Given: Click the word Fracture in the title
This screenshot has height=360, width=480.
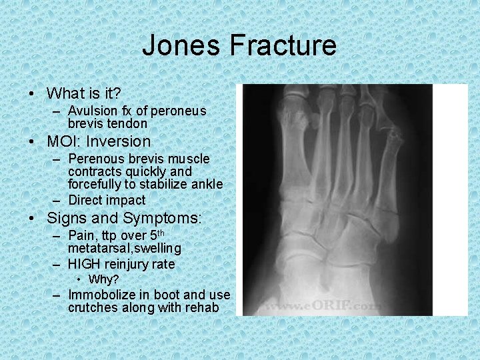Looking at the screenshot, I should [x=283, y=46].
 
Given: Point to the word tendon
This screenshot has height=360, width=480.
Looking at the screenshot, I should [x=129, y=123].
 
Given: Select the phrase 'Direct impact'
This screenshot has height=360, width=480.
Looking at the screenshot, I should [x=107, y=200].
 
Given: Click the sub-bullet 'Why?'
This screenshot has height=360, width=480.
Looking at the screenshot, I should [x=103, y=279].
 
